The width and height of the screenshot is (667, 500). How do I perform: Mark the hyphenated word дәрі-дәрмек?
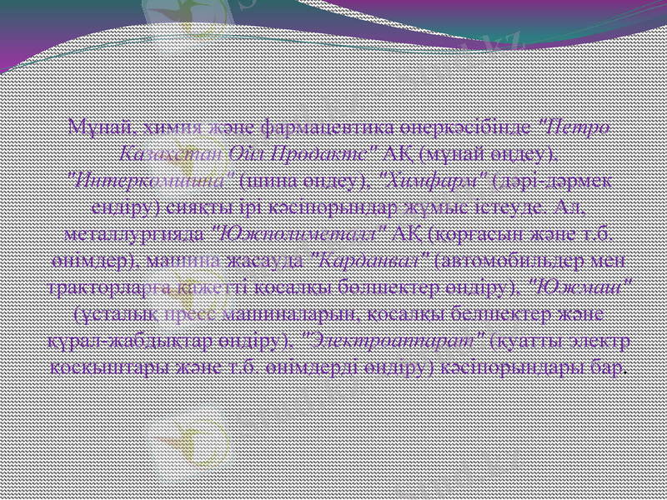[558, 177]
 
